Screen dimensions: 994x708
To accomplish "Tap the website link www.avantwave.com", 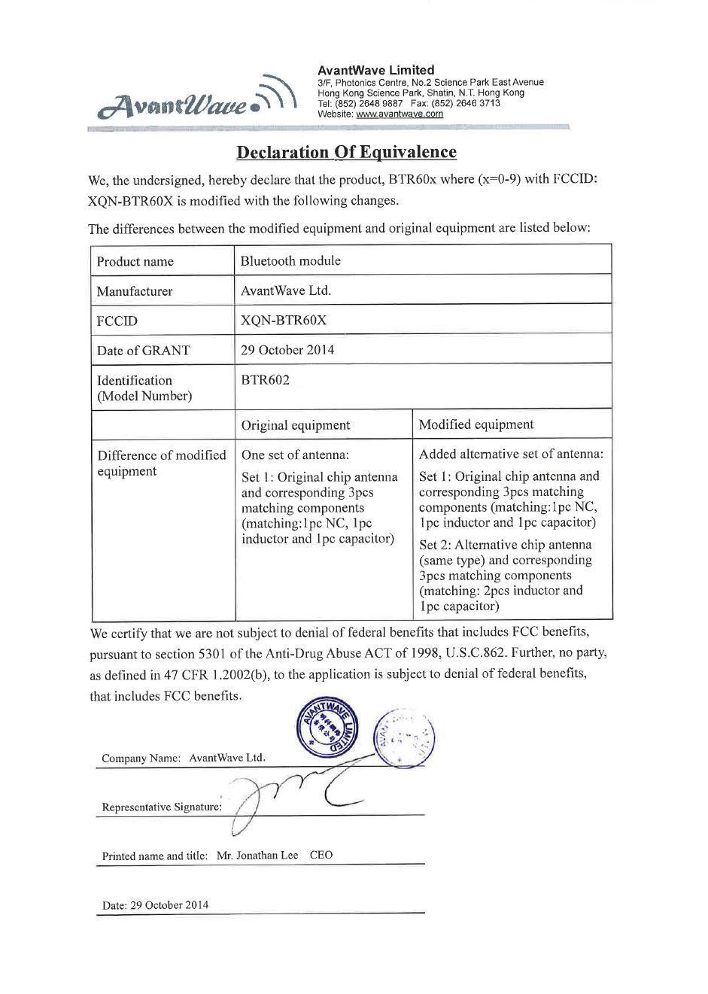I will coord(399,114).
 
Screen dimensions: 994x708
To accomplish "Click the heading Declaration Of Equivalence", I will coord(346,153).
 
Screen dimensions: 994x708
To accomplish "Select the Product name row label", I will coord(135,262).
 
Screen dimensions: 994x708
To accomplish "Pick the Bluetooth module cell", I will coord(290,261).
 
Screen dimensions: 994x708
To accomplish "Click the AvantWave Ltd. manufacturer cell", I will coord(286,290).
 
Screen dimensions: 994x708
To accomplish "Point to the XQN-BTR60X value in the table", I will coord(284,321).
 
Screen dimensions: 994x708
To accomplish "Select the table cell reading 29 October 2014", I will coord(287,350).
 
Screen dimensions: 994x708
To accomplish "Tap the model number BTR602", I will coord(265,380).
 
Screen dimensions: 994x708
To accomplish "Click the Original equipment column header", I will coord(295,425).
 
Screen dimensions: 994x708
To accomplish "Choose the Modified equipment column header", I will coord(476,424).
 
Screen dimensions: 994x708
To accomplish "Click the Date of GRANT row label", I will coord(143,351).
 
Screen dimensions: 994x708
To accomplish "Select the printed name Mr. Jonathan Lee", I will coord(257,856).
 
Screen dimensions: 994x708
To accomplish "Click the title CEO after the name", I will coord(321,856).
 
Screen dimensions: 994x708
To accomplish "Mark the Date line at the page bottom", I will coord(155,905).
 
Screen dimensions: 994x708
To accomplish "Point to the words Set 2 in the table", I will coord(433,545).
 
